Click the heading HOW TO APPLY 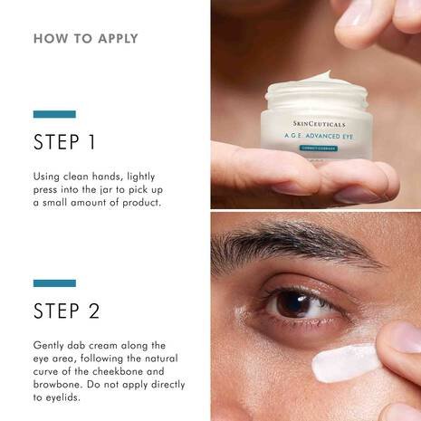coord(86,39)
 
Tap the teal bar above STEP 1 coord(54,114)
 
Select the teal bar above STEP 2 coord(54,282)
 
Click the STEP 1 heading coord(66,143)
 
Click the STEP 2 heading coord(66,311)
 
